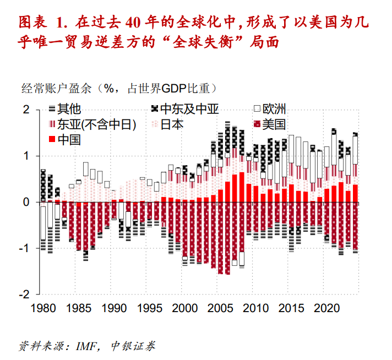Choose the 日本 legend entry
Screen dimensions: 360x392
point(171,124)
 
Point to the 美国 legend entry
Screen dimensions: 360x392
point(274,124)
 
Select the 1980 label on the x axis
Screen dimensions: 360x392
point(42,307)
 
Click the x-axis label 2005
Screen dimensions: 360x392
point(224,307)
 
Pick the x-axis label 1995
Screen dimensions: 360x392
point(151,307)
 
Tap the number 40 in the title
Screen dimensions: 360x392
point(134,23)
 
